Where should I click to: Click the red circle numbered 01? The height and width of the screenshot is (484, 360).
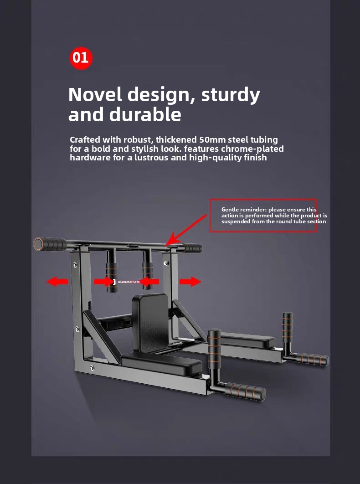click(81, 58)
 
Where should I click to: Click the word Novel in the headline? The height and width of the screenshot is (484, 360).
click(95, 94)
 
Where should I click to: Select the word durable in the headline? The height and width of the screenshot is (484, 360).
click(145, 114)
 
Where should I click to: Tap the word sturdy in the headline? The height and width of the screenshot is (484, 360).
click(231, 95)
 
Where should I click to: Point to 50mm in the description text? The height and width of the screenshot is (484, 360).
click(212, 139)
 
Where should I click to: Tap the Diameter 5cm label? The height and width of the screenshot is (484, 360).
click(129, 282)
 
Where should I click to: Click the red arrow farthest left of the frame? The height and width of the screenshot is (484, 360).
click(57, 282)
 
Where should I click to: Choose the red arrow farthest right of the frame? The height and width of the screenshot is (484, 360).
click(190, 282)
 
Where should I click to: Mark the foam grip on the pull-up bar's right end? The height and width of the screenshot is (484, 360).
click(192, 248)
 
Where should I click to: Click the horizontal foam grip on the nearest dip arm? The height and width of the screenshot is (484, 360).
click(246, 391)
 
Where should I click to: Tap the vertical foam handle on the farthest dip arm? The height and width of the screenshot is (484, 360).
click(288, 327)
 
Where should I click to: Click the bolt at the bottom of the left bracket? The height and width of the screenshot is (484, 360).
click(92, 368)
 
